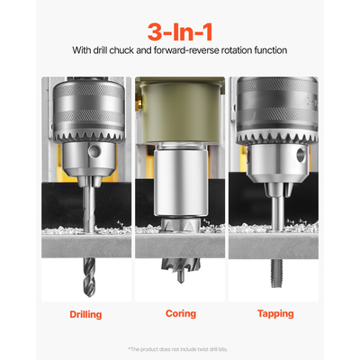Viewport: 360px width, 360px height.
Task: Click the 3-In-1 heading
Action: [179, 25]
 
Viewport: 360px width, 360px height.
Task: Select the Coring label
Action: [180, 314]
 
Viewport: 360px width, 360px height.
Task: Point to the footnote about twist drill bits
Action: [180, 347]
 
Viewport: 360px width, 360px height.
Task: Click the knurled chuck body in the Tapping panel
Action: [273, 103]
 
